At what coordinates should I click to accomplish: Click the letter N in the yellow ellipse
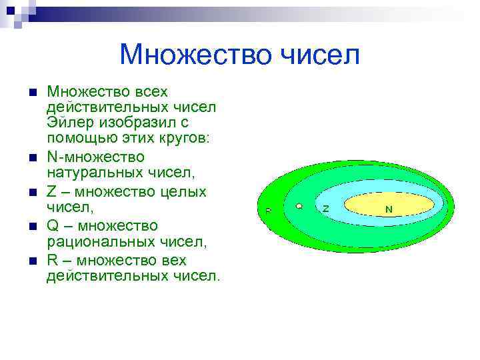tap(389, 209)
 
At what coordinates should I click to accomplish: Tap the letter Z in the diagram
tap(325, 209)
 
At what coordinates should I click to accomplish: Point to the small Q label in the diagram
tap(299, 207)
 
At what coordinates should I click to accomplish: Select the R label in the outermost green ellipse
tap(268, 210)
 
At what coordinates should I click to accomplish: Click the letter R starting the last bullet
tap(52, 260)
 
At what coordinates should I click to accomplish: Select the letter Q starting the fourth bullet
tap(53, 226)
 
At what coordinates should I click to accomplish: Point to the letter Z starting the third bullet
tap(51, 191)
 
